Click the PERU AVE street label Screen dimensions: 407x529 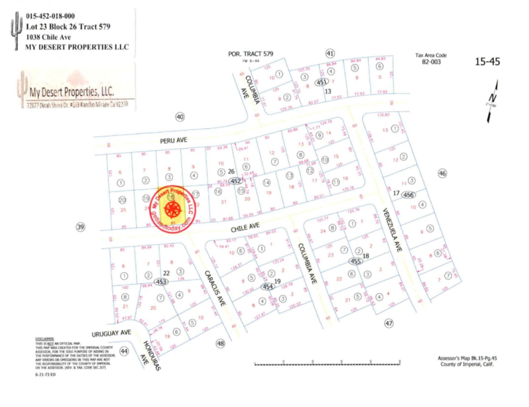click(173, 141)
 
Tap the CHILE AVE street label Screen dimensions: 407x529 click(245, 228)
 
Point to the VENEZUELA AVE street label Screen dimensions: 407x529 click(392, 230)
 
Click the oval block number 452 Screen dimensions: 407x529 click(236, 181)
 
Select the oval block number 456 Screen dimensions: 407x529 click(408, 195)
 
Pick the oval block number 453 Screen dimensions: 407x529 click(161, 282)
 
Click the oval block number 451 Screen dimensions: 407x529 click(321, 82)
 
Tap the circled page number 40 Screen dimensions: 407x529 click(180, 117)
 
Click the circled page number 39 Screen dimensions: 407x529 click(80, 227)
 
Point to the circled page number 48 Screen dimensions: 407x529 click(221, 343)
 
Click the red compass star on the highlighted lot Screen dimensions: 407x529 click(172, 209)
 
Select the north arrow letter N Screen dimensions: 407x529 click(493, 98)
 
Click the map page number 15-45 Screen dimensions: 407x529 click(487, 62)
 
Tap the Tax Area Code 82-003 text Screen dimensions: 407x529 click(431, 62)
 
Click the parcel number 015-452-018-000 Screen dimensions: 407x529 click(50, 16)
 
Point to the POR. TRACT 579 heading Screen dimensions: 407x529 click(250, 54)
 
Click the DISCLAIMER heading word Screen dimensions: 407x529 click(45, 339)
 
